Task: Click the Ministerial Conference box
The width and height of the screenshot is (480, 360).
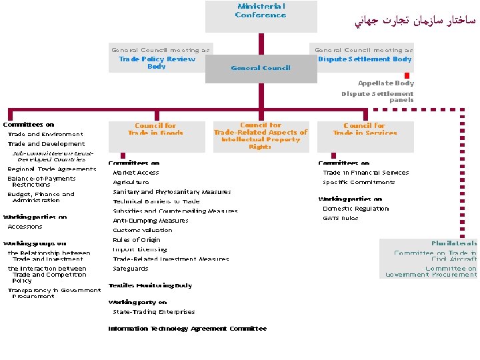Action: point(261,15)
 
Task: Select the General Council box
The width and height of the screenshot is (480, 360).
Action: point(261,68)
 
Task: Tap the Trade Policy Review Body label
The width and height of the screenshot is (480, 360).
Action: point(157,63)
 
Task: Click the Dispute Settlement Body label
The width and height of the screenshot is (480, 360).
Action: point(365,59)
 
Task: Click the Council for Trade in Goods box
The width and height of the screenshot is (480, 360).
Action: point(156,129)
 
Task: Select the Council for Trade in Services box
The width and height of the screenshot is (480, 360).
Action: point(365,129)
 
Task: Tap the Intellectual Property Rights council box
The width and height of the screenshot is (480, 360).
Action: point(261,136)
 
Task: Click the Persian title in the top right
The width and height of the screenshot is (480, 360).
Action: point(414,22)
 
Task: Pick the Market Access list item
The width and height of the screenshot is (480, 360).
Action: point(136,173)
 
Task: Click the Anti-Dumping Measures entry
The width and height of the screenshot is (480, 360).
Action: point(151,221)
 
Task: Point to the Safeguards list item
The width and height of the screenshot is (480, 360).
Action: point(131,269)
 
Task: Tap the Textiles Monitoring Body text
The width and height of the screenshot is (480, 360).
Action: point(150,285)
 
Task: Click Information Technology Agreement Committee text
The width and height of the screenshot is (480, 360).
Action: point(187,329)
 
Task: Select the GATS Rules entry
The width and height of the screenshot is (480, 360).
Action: point(341,218)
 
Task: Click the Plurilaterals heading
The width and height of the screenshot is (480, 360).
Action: point(453,243)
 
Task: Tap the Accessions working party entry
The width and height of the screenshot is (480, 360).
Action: point(25,227)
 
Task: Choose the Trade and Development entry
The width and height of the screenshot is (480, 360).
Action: point(47,144)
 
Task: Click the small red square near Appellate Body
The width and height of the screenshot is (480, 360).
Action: point(407,75)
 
